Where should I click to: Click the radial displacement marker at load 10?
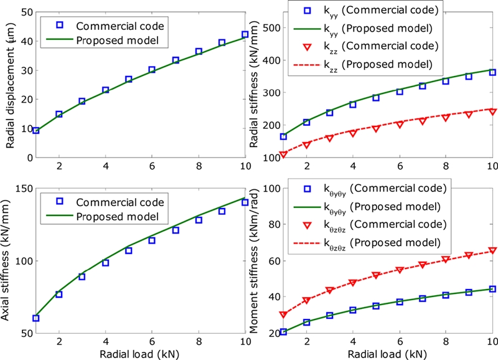(x=245, y=35)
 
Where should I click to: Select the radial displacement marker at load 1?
(x=36, y=130)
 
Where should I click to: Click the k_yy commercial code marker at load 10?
(x=492, y=72)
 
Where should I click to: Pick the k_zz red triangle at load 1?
(x=283, y=154)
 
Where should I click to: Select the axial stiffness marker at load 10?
(x=245, y=202)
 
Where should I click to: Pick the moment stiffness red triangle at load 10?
(x=492, y=250)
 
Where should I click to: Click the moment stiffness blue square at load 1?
(x=283, y=331)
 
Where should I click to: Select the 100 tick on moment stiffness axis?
(x=269, y=189)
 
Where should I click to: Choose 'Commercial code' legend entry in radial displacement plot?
(x=111, y=26)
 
